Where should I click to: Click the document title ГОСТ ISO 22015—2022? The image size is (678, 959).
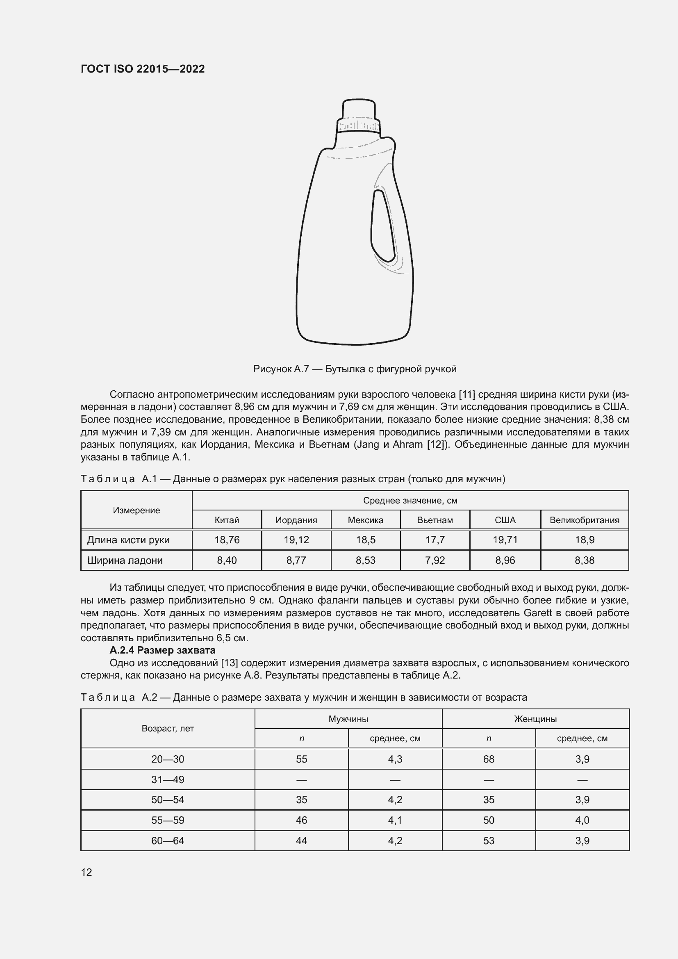pyautogui.click(x=142, y=69)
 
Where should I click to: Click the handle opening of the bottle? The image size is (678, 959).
pyautogui.click(x=382, y=226)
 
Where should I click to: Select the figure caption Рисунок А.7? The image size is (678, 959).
pyautogui.click(x=355, y=369)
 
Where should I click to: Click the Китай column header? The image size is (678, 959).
pyautogui.click(x=227, y=520)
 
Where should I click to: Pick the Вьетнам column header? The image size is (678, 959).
pyautogui.click(x=435, y=520)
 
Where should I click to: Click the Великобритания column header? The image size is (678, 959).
pyautogui.click(x=584, y=520)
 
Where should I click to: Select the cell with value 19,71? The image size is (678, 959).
pyautogui.click(x=505, y=540)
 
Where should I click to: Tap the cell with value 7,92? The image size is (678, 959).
pyautogui.click(x=435, y=560)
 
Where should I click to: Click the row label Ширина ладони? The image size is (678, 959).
pyautogui.click(x=125, y=560)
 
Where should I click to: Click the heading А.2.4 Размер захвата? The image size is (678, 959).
pyautogui.click(x=162, y=650)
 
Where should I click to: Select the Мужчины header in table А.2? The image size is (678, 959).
pyautogui.click(x=348, y=719)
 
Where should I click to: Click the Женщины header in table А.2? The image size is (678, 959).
pyautogui.click(x=535, y=719)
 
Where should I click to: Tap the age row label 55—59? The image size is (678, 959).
pyautogui.click(x=167, y=820)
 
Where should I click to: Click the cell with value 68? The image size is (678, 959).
pyautogui.click(x=489, y=759)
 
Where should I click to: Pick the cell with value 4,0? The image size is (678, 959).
pyautogui.click(x=582, y=820)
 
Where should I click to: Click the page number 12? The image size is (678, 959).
pyautogui.click(x=86, y=872)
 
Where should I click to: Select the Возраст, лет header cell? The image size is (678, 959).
pyautogui.click(x=167, y=729)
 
